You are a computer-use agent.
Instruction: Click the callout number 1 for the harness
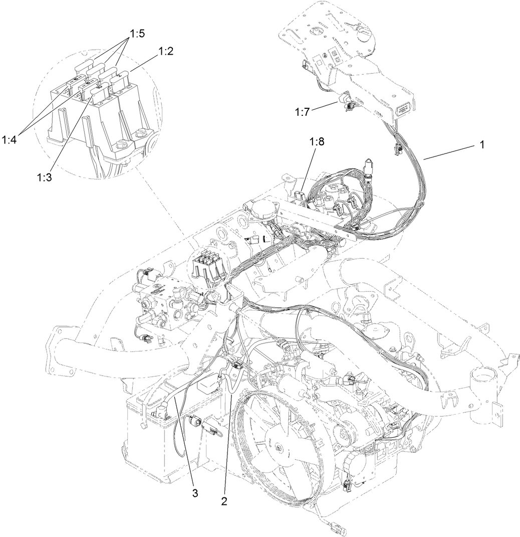click(481, 145)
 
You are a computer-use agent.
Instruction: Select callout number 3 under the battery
click(195, 493)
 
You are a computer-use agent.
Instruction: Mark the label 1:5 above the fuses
click(137, 34)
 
